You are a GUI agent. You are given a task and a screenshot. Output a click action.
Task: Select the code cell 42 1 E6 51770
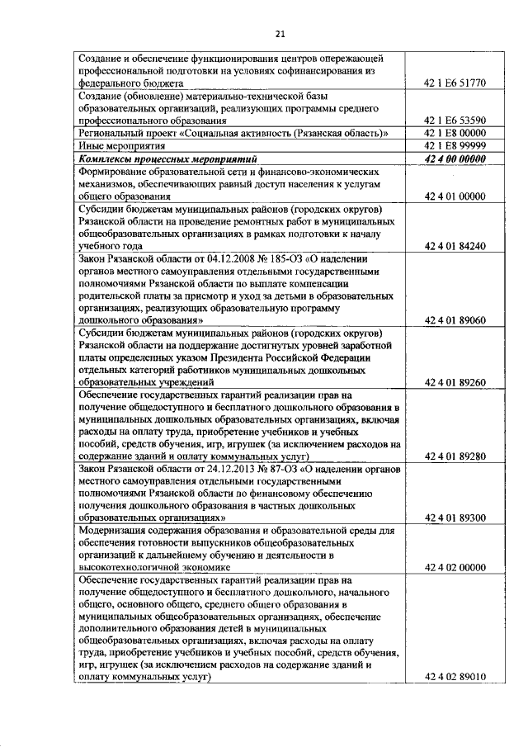pyautogui.click(x=455, y=83)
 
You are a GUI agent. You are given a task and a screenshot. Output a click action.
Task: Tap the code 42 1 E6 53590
pyautogui.click(x=455, y=120)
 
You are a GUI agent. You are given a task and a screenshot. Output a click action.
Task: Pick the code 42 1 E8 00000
pyautogui.click(x=455, y=133)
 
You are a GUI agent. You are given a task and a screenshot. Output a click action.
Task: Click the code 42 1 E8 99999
pyautogui.click(x=455, y=145)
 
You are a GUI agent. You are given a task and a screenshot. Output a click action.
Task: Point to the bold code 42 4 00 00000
pyautogui.click(x=455, y=158)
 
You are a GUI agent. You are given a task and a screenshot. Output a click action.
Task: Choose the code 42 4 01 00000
pyautogui.click(x=455, y=196)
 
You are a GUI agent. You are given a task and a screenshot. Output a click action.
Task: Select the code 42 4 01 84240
pyautogui.click(x=455, y=246)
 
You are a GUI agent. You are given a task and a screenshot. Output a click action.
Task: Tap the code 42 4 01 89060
pyautogui.click(x=455, y=319)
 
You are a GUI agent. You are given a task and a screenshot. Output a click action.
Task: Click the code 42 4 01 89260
pyautogui.click(x=455, y=382)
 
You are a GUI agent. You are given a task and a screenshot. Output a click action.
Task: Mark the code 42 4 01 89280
pyautogui.click(x=455, y=456)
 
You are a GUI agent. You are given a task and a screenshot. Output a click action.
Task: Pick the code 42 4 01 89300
pyautogui.click(x=455, y=518)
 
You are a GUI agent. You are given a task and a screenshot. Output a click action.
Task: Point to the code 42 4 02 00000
pyautogui.click(x=455, y=568)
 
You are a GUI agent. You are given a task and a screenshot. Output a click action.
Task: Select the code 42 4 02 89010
pyautogui.click(x=455, y=677)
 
